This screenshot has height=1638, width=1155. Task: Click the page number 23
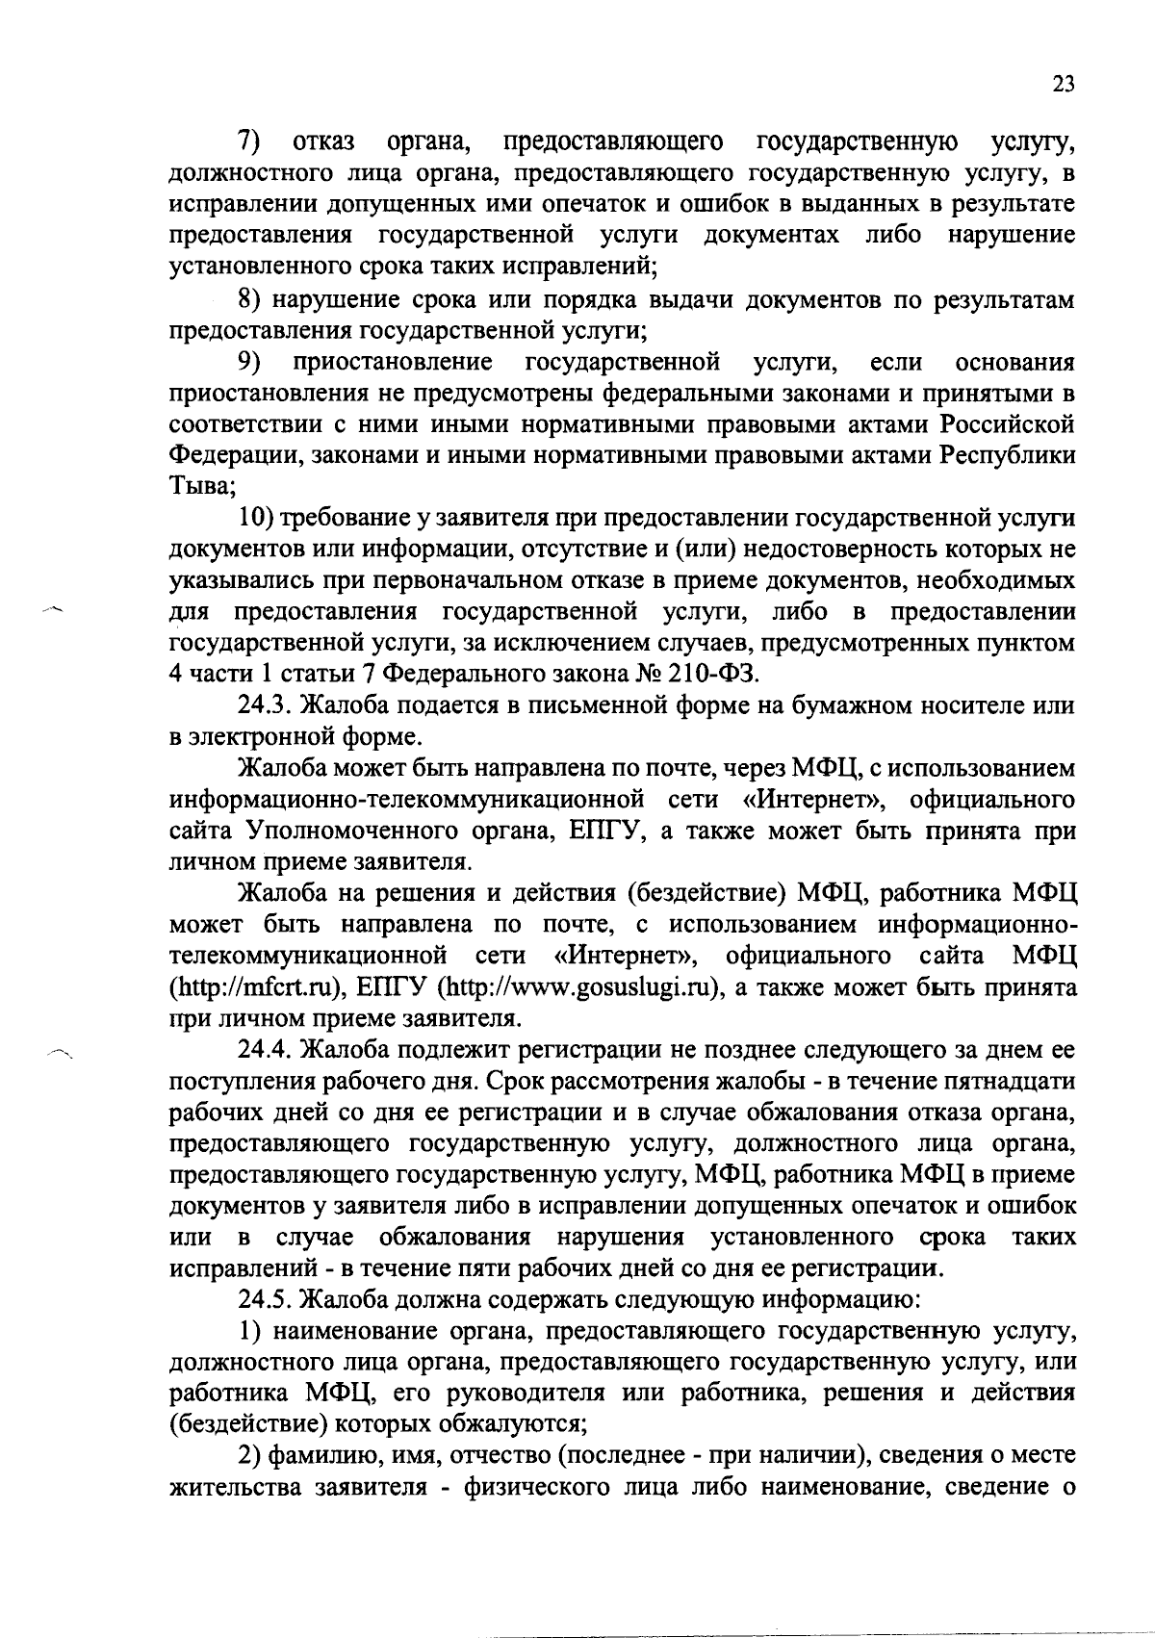[x=1062, y=83]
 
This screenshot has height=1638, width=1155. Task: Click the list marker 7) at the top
[x=251, y=143]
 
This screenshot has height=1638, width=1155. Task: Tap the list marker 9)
[x=251, y=363]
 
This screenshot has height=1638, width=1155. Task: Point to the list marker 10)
[x=258, y=519]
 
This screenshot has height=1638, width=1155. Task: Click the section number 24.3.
[x=265, y=705]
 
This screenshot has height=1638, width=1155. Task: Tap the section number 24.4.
[x=265, y=1049]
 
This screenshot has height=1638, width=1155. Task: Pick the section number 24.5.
[x=265, y=1300]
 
